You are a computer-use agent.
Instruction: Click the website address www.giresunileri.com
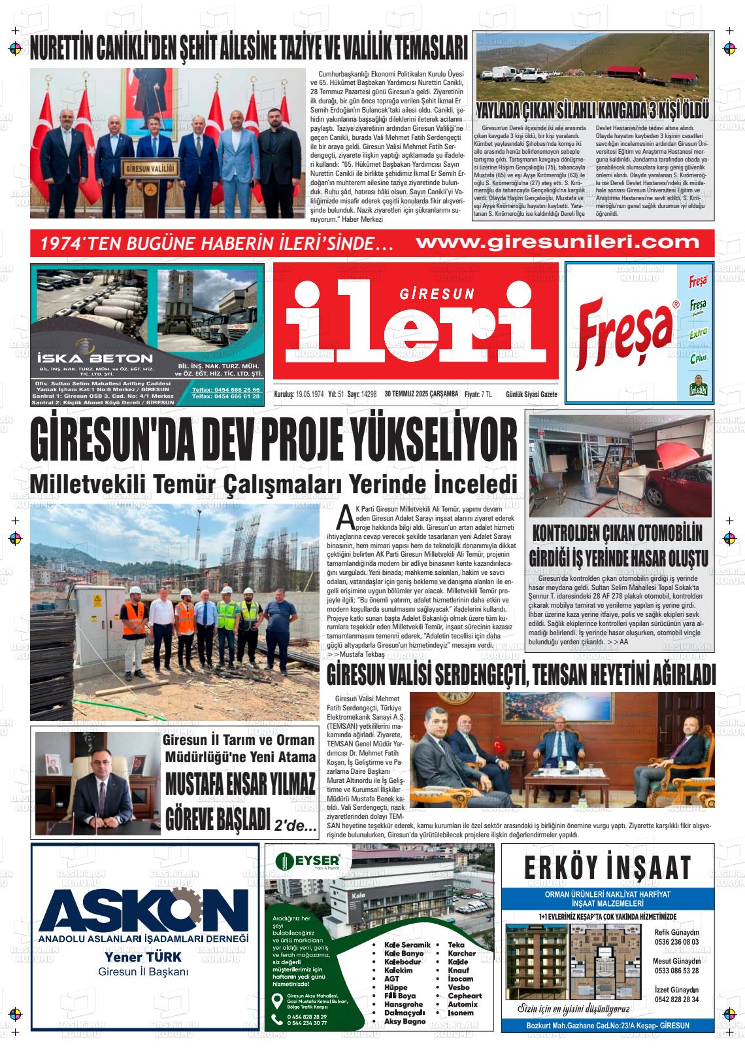tap(557, 242)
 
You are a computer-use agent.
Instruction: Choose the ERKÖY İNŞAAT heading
tap(607, 868)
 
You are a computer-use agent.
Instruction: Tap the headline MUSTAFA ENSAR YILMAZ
tap(240, 783)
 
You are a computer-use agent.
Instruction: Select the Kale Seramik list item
tap(407, 945)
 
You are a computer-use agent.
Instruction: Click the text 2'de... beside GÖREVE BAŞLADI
tap(296, 826)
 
